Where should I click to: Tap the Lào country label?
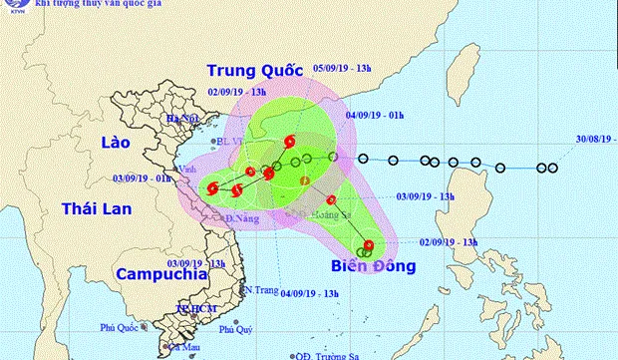tap(119, 145)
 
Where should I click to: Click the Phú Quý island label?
tap(236, 328)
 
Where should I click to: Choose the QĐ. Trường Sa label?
tap(326, 354)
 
